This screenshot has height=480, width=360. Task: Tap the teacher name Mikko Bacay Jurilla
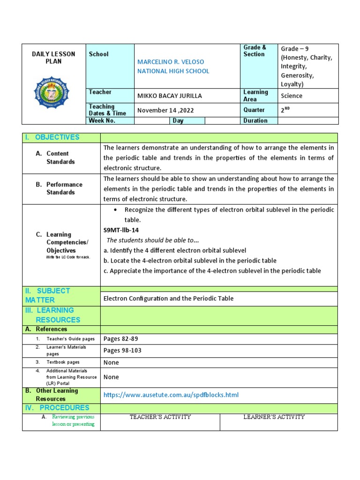[169, 96]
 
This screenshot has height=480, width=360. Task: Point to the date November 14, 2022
[165, 110]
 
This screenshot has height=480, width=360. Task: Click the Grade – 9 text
[294, 49]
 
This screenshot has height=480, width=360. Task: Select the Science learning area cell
[292, 96]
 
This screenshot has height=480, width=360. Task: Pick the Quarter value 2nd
[286, 110]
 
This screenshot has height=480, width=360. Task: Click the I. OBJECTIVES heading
[52, 137]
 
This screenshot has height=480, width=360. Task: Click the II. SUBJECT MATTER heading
[47, 295]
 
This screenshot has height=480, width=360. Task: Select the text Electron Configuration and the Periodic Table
[168, 299]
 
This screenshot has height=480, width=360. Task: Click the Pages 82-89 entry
[120, 339]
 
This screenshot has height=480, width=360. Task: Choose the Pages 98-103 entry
[122, 351]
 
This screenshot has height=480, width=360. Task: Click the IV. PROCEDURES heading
[57, 408]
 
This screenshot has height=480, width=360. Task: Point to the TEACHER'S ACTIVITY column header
[160, 417]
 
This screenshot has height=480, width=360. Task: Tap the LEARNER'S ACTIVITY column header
[274, 417]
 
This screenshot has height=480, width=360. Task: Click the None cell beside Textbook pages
[111, 362]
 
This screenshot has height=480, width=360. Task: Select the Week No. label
[102, 120]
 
